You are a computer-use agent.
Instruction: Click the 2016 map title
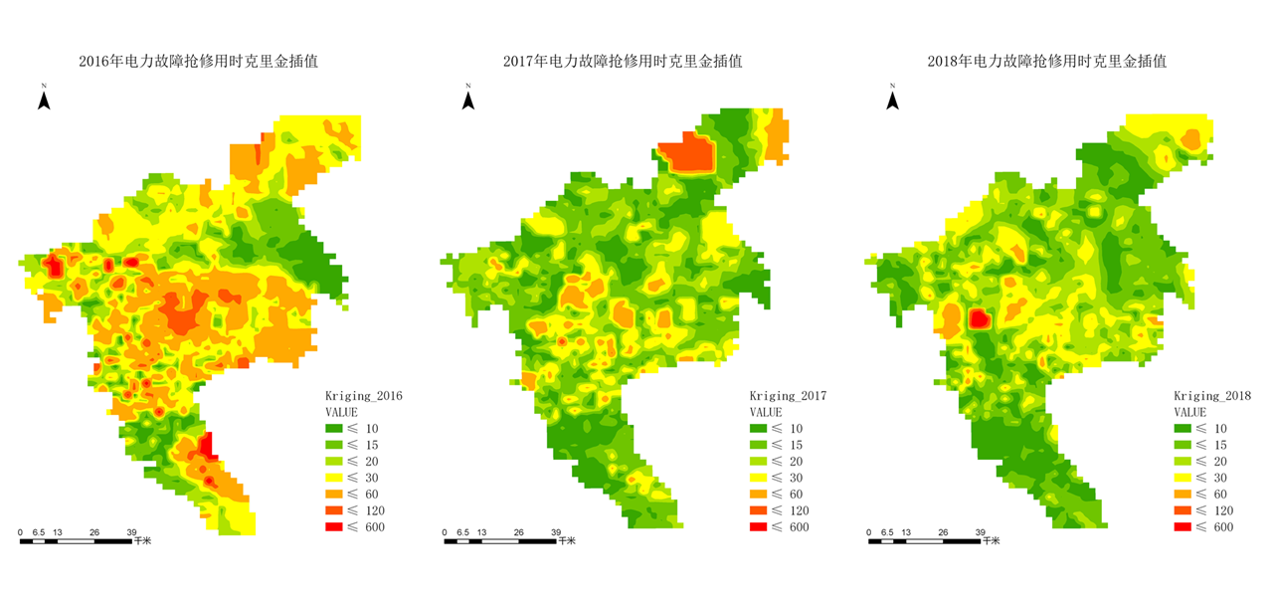(x=205, y=62)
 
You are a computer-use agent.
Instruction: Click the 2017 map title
(x=623, y=62)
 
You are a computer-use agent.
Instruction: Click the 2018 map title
(x=1047, y=62)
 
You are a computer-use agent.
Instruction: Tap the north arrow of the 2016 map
(x=44, y=100)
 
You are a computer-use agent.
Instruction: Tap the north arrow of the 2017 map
(x=468, y=100)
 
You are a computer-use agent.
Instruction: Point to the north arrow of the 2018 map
(x=893, y=100)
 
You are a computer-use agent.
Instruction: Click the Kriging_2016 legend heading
(x=364, y=396)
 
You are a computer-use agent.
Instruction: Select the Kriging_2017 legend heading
(x=789, y=396)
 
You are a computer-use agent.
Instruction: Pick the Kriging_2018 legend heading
(x=1212, y=396)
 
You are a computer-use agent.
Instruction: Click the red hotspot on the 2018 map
(x=979, y=318)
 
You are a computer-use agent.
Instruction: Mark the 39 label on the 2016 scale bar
(x=131, y=532)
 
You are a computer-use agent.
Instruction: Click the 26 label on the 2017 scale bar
(x=518, y=532)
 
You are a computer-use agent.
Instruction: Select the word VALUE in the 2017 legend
(x=766, y=412)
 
